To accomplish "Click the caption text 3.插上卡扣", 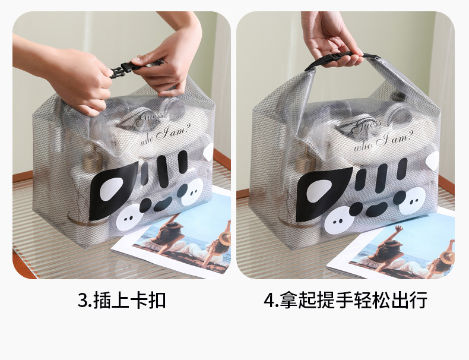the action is pyautogui.click(x=122, y=300).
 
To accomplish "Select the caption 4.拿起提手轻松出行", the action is pyautogui.click(x=346, y=300).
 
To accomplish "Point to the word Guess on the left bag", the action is pyautogui.click(x=149, y=119).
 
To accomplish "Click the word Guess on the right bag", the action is pyautogui.click(x=367, y=125).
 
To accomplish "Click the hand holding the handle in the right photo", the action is pyautogui.click(x=329, y=39).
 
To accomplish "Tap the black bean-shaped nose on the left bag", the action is pyautogui.click(x=163, y=204).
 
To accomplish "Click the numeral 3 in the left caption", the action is pyautogui.click(x=83, y=301).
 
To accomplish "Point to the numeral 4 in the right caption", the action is pyautogui.click(x=269, y=301).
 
